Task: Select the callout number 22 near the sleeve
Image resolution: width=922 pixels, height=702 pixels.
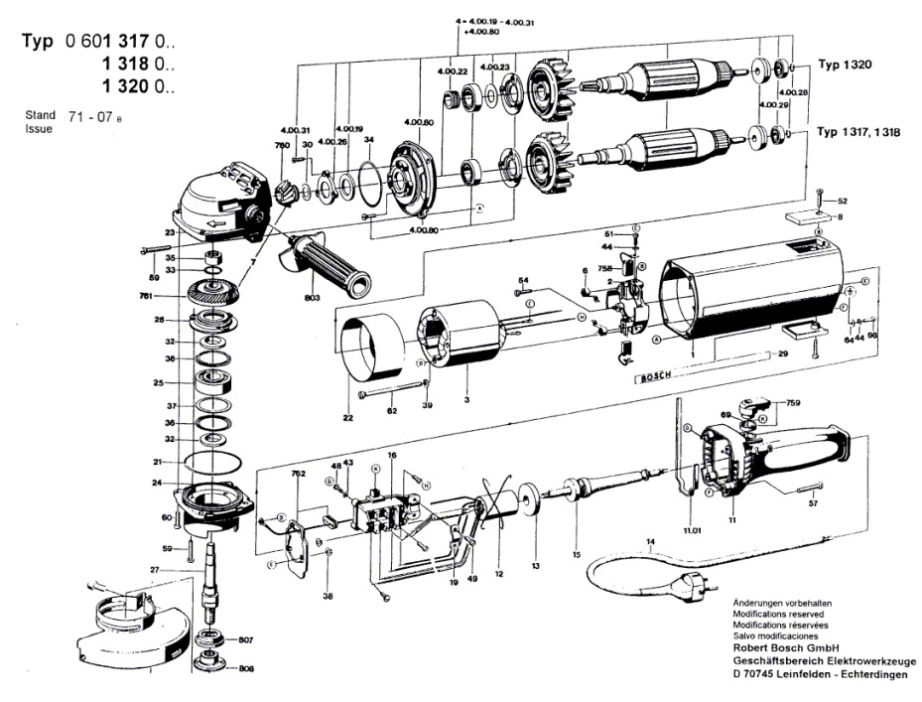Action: tap(348, 418)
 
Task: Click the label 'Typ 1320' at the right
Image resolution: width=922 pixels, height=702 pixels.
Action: tap(845, 65)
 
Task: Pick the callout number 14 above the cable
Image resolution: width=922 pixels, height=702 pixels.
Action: tap(651, 542)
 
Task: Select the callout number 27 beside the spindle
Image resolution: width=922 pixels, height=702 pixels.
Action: tap(154, 569)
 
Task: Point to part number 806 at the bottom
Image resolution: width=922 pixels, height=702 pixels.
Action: tap(245, 669)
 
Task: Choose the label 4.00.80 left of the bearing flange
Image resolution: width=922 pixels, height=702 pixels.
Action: tap(419, 122)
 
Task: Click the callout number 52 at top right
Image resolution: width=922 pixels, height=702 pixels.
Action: tap(843, 202)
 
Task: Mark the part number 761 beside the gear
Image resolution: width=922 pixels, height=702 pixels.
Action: tap(146, 296)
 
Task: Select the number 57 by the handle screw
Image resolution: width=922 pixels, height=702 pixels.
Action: tap(813, 504)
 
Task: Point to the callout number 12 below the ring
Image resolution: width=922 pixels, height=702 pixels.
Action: tap(499, 573)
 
